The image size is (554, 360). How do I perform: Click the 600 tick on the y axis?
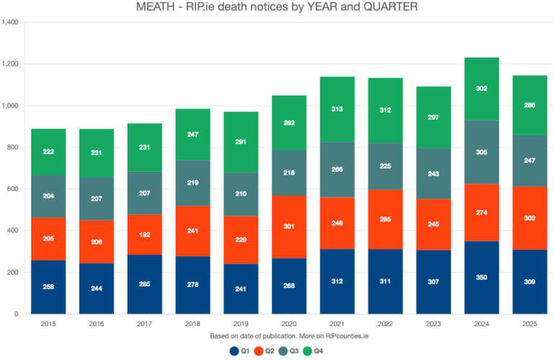(x=13, y=189)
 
